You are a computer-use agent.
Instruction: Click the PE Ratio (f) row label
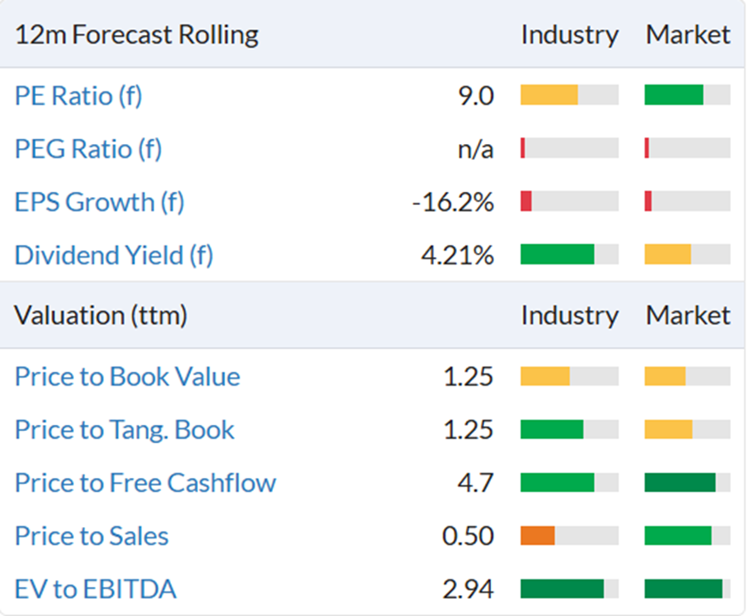click(x=79, y=96)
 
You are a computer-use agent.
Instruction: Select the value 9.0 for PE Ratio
click(x=475, y=96)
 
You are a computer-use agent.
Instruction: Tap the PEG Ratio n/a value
click(x=475, y=149)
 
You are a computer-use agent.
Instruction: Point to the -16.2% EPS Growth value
click(x=453, y=202)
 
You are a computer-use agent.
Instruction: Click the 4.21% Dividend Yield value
click(x=457, y=256)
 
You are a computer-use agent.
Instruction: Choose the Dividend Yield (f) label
click(x=114, y=255)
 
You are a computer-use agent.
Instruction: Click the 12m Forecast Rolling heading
click(x=136, y=35)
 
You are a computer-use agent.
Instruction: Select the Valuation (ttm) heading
click(x=100, y=316)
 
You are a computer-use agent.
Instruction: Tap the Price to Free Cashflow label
click(x=146, y=483)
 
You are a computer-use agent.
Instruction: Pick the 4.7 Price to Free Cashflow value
click(x=475, y=483)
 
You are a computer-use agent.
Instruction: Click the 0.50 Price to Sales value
click(x=468, y=536)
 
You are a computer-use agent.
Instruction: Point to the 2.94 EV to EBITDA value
click(x=468, y=589)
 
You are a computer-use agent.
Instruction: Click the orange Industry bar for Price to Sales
click(x=538, y=536)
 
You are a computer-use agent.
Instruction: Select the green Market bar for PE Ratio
click(x=674, y=95)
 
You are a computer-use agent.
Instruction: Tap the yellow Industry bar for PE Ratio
click(x=550, y=95)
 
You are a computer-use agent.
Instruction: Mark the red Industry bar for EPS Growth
click(x=526, y=202)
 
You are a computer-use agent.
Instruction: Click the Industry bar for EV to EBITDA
click(x=563, y=589)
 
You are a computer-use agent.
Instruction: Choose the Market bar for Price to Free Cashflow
click(x=680, y=483)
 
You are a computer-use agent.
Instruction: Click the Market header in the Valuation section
click(x=688, y=316)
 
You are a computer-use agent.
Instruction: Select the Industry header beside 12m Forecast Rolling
click(x=570, y=35)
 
